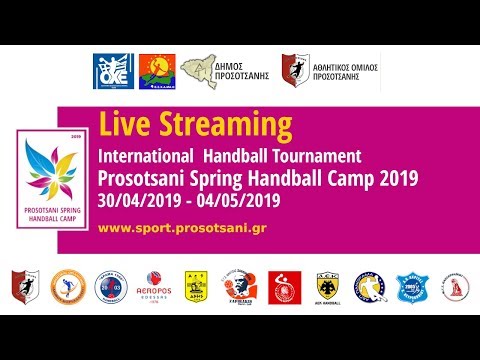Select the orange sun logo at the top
click(153, 72)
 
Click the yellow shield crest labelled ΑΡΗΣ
click(196, 286)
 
